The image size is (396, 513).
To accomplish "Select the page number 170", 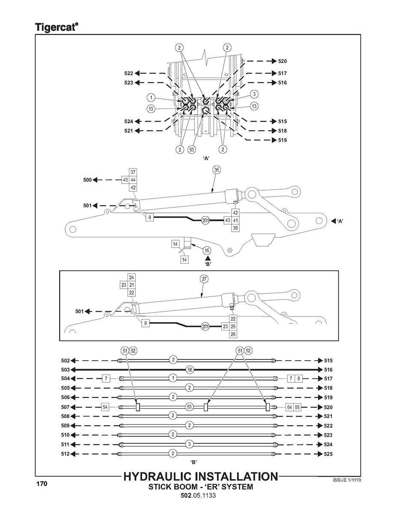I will tap(42, 484).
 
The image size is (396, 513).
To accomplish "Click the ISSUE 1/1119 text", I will tap(347, 480).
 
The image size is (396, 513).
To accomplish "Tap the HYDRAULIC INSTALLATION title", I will tap(200, 477).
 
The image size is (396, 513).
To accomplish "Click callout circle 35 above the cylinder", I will tap(217, 170).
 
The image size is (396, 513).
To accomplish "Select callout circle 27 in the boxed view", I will tap(204, 279).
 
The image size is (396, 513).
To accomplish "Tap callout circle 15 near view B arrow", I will tap(207, 250).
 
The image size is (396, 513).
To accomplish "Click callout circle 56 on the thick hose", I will tap(190, 370).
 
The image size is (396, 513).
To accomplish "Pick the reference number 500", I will tap(87, 180).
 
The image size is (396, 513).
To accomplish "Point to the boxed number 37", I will tap(133, 172).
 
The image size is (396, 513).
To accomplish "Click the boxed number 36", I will tap(235, 228).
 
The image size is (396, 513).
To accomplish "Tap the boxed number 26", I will tap(233, 334).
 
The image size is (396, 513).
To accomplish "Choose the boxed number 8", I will tap(298, 379).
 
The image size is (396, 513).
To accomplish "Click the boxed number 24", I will tap(131, 277).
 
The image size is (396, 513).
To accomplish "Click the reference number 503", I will tap(65, 370).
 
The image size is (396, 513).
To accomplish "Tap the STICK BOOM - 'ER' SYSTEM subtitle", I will tap(200, 487).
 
